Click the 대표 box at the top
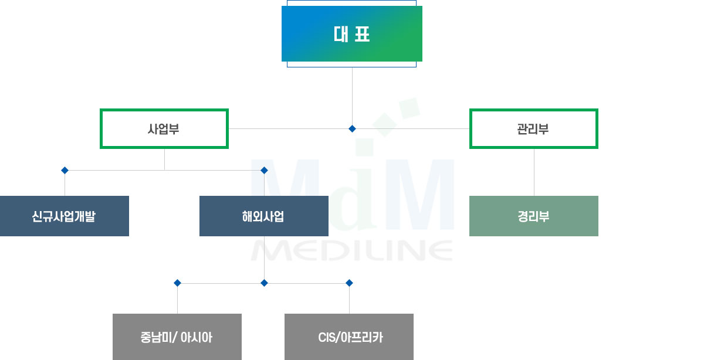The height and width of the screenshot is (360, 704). [351, 33]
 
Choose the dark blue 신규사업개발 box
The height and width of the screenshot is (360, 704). [64, 216]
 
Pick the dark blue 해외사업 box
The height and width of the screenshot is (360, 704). [264, 216]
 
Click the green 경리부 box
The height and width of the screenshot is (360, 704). [534, 216]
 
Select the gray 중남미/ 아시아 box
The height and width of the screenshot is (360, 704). [177, 337]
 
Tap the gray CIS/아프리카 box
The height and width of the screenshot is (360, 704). [349, 337]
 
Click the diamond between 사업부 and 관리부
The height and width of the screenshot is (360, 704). [353, 129]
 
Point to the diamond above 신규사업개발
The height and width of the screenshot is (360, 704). [65, 170]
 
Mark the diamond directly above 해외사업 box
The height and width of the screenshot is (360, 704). [265, 170]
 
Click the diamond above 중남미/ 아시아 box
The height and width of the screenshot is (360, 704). [178, 283]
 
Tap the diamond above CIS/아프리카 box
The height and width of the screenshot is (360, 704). [349, 283]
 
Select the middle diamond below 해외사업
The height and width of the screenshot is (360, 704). [265, 283]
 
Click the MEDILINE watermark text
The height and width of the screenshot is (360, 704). [352, 250]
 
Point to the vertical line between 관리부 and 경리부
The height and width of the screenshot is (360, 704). [534, 172]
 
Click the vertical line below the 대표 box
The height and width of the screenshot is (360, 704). [353, 96]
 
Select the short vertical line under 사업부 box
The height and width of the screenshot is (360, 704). [164, 159]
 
